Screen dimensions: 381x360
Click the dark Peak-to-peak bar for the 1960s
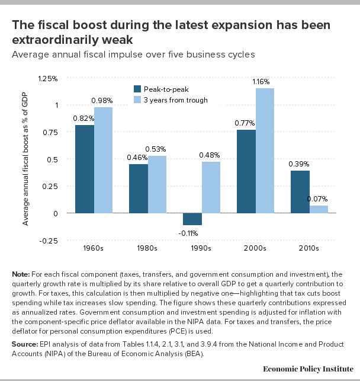(84, 169)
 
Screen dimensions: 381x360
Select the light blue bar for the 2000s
(265, 151)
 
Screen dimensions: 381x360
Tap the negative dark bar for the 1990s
(192, 219)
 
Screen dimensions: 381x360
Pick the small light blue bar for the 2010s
(319, 209)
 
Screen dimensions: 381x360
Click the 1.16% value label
(265, 82)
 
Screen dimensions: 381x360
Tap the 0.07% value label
(318, 199)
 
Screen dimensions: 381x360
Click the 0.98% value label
(102, 101)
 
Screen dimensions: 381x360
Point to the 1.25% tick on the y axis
(48, 78)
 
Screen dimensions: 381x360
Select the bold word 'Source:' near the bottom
(25, 344)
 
